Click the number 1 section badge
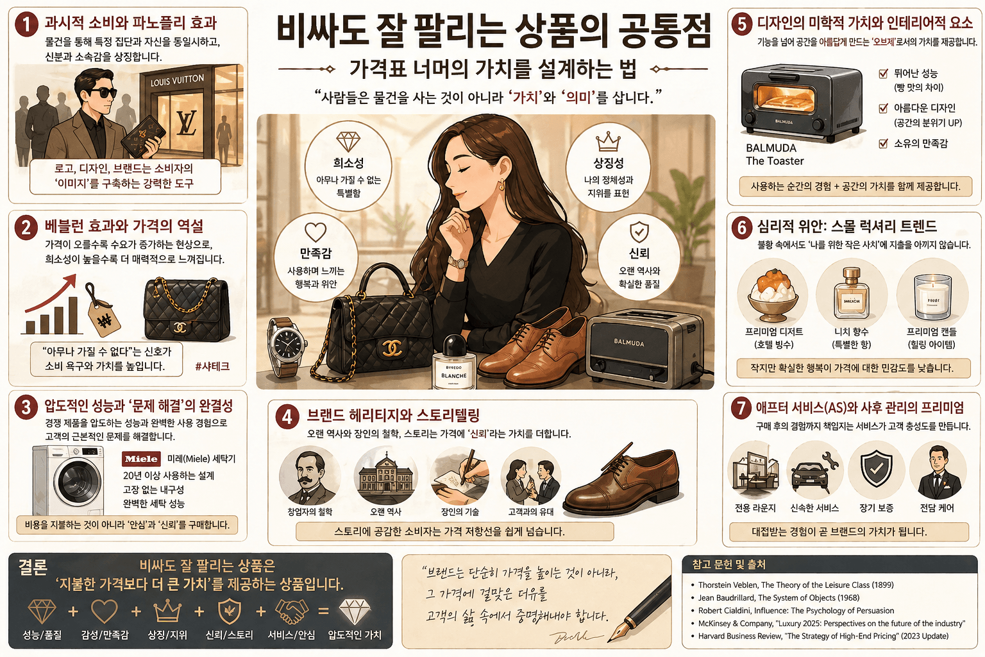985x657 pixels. tap(26, 25)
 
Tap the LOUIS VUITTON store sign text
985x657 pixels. tap(177, 81)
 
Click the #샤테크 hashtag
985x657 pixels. tap(212, 366)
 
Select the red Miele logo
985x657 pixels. tap(141, 459)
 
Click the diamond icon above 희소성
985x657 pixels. tap(348, 141)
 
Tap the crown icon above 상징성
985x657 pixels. tap(607, 141)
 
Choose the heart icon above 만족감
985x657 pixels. tap(316, 232)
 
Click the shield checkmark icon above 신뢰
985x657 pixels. tap(639, 232)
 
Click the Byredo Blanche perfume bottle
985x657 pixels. tap(454, 363)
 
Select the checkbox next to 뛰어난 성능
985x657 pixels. tap(884, 74)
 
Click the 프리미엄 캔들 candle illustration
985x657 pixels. tap(932, 296)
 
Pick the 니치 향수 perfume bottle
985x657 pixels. tap(852, 294)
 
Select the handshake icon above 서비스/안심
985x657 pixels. tap(292, 611)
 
